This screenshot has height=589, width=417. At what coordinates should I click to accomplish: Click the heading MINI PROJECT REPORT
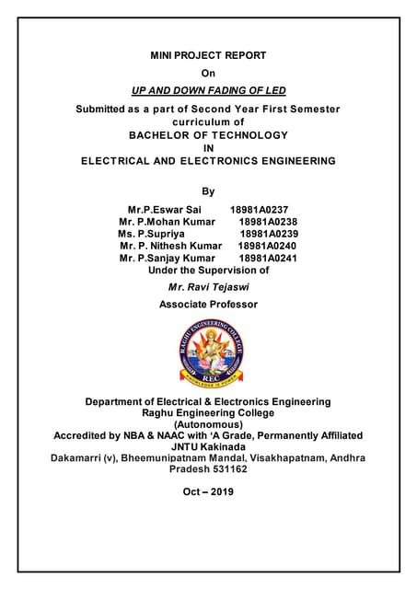(x=208, y=56)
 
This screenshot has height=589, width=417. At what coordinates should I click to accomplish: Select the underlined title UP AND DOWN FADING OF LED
(x=208, y=90)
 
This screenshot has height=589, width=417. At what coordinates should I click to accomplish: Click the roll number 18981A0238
(x=267, y=222)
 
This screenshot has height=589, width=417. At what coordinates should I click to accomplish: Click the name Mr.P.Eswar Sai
(x=163, y=210)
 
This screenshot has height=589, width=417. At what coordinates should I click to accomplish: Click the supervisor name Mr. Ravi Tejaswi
(x=208, y=287)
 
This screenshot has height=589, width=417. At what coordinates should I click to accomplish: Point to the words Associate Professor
(x=208, y=304)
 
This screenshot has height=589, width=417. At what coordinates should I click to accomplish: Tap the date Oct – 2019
(x=208, y=491)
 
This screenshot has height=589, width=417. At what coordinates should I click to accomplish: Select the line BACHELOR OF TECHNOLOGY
(x=208, y=134)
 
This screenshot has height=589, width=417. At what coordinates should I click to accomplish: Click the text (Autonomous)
(x=208, y=424)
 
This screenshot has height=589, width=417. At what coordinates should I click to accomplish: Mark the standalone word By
(x=208, y=191)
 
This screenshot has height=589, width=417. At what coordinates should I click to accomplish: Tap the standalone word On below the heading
(x=208, y=74)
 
